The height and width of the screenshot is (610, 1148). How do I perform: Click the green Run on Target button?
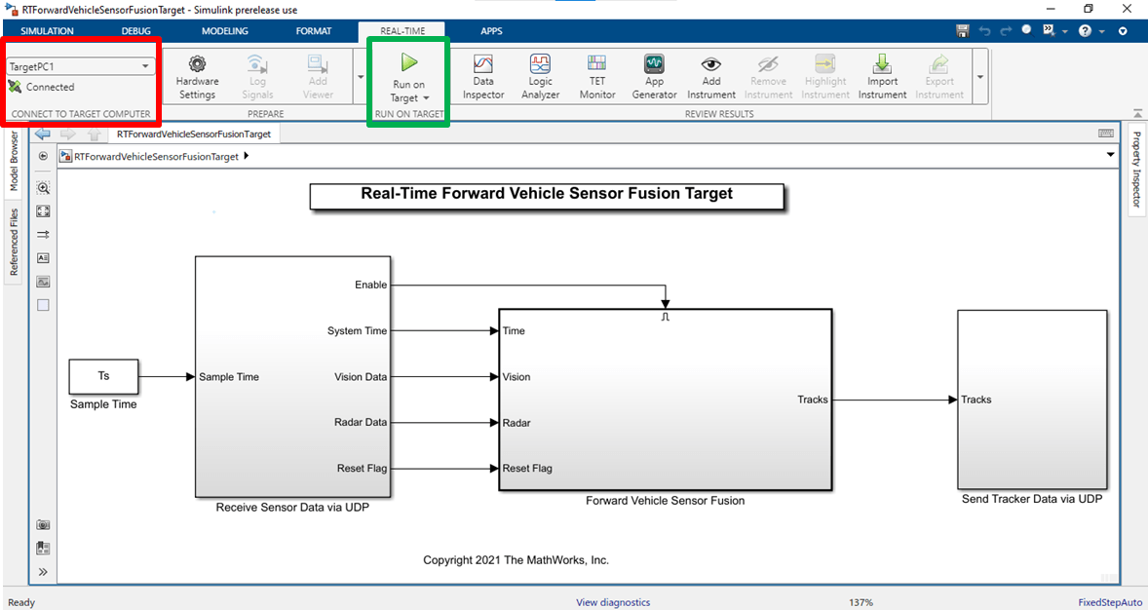pos(408,78)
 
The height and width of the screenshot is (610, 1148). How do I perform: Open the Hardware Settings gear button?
pos(197,78)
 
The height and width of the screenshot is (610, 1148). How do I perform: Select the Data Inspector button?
pos(483,78)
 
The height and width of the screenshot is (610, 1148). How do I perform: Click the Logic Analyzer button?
pos(540,78)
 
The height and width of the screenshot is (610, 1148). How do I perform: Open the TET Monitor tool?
pos(597,78)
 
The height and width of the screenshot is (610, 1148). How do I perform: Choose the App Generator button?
pos(655,78)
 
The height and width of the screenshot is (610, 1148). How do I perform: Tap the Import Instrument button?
pos(882,78)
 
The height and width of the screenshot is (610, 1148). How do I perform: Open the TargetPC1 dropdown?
pos(81,66)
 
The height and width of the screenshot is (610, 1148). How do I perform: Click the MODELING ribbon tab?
pos(225,31)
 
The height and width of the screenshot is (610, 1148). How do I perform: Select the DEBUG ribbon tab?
pos(136,31)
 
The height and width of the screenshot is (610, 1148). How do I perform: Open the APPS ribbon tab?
pos(491,31)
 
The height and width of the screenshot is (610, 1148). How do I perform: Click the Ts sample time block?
pos(103,376)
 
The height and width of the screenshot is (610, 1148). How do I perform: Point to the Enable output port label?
pos(370,285)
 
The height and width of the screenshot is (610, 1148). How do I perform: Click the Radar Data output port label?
pos(361,423)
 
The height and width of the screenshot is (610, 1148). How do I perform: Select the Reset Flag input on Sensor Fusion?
pos(527,468)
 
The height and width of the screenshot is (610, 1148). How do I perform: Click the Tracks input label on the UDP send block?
pos(976,400)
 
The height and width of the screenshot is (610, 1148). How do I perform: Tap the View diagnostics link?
pos(613,602)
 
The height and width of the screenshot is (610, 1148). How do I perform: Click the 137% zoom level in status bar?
pos(861,602)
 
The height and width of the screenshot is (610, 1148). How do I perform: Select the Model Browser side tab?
pos(14,161)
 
